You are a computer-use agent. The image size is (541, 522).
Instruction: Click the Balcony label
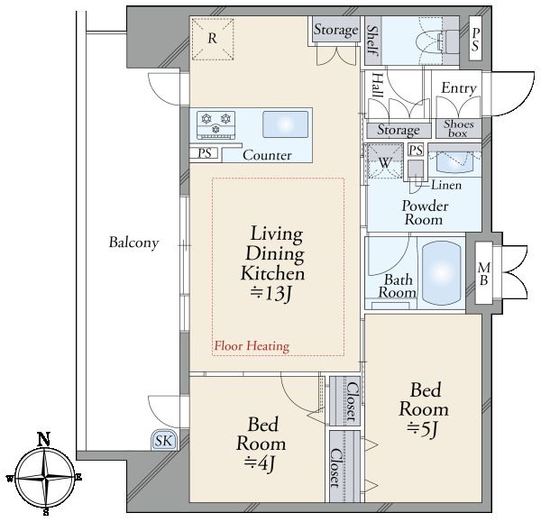(x=133, y=243)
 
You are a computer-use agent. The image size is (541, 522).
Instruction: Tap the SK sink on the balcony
(x=164, y=440)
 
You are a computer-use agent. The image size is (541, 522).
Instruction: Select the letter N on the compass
(x=44, y=439)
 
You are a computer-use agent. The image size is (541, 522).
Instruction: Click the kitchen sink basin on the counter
(x=285, y=124)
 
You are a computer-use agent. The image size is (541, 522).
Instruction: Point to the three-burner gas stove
(x=216, y=125)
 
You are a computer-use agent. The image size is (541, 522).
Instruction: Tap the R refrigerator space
(x=213, y=39)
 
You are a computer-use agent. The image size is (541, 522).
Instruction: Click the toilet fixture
(x=436, y=41)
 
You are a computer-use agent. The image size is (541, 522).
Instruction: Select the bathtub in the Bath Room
(x=442, y=273)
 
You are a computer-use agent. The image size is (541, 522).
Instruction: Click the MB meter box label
(x=484, y=273)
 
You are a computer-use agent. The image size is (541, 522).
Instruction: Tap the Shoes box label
(x=459, y=128)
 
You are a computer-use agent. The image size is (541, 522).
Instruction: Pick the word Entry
(x=459, y=88)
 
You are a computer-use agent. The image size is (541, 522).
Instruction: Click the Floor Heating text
(x=252, y=345)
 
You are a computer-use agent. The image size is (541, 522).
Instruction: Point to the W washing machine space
(x=385, y=161)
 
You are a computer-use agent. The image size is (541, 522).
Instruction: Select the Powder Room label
(x=425, y=213)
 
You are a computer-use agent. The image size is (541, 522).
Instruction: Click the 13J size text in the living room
(x=271, y=294)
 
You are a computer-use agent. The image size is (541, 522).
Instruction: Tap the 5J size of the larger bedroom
(x=422, y=429)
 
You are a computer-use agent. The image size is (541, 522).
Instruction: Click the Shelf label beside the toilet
(x=373, y=40)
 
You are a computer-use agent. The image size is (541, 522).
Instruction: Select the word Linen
(x=446, y=186)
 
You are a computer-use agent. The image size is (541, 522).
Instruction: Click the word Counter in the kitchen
(x=267, y=155)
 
